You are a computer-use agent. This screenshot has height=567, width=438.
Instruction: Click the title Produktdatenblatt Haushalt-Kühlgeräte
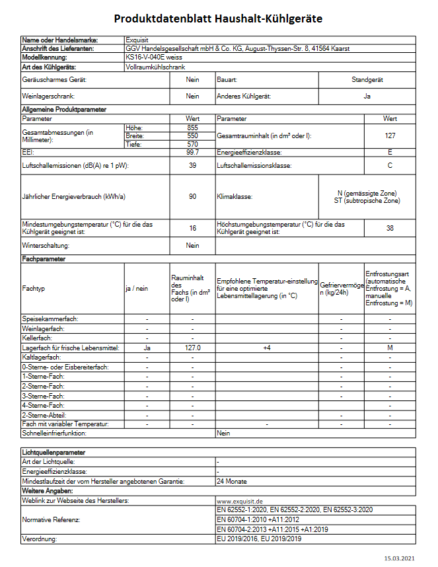point(218,19)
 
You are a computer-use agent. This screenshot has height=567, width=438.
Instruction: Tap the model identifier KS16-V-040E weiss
point(153,58)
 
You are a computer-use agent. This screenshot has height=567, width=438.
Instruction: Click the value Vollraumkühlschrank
point(155,67)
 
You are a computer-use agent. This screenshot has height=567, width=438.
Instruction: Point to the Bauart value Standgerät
point(367,80)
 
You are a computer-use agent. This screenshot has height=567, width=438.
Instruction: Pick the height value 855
point(192,127)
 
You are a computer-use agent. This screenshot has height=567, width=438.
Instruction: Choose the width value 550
point(192,135)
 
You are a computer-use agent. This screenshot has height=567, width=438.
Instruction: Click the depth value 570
point(192,144)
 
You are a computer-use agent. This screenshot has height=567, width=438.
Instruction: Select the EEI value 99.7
point(192,153)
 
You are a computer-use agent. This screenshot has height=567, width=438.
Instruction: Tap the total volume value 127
point(390,135)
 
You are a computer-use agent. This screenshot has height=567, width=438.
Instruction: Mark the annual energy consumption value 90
point(192,197)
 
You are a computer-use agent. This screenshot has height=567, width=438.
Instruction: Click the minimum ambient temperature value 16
point(192,228)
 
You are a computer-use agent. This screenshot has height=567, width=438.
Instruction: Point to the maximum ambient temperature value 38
point(390,228)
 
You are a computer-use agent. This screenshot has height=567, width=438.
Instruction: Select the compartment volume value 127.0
point(192,347)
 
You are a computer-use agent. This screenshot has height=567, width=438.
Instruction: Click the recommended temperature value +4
point(267,347)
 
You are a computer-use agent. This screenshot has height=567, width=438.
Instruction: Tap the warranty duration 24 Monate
point(231,482)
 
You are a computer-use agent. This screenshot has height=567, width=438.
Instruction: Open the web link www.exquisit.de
point(240,502)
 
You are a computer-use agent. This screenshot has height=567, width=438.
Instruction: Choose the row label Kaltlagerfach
point(42,357)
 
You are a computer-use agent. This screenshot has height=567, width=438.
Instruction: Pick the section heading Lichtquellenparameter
point(53,453)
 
